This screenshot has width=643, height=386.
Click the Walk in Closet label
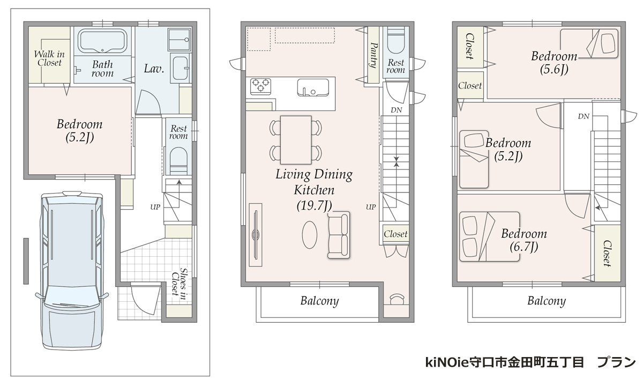[x=49, y=58]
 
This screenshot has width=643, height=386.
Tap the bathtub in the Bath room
[x=102, y=41]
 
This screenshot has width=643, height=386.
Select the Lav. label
[x=154, y=69]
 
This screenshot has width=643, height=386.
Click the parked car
[x=72, y=271]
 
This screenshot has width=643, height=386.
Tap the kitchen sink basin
[x=313, y=87]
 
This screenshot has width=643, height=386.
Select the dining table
[x=296, y=140]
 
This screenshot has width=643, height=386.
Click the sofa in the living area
[x=339, y=235]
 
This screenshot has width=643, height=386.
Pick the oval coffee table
[x=310, y=235]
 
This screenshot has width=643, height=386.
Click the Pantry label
[x=373, y=55]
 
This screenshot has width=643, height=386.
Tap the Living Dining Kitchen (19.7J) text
[x=315, y=190]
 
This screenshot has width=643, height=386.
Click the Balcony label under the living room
[x=319, y=301]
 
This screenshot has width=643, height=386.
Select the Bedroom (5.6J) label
[x=554, y=63]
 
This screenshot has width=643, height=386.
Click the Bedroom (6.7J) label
[x=524, y=240]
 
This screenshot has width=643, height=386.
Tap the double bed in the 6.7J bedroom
[x=489, y=236]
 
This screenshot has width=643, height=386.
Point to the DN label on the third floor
[x=584, y=116]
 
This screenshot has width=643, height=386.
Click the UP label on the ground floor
[x=155, y=207]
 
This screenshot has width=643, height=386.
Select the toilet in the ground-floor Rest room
[x=178, y=160]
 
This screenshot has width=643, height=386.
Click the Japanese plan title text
[x=530, y=362]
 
